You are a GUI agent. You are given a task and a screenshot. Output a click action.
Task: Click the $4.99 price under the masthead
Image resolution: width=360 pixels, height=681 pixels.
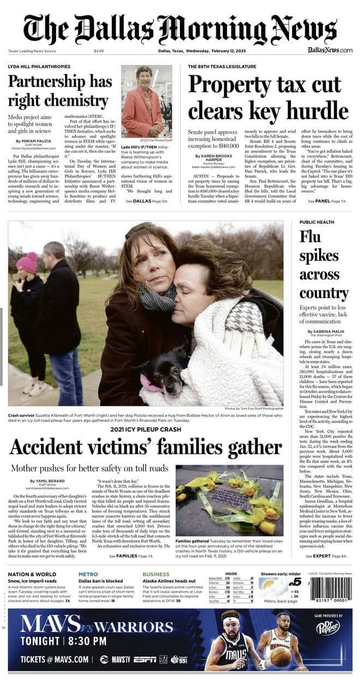(x=99, y=51)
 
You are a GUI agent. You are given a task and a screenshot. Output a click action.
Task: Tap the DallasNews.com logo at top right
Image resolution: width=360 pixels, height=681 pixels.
(x=329, y=50)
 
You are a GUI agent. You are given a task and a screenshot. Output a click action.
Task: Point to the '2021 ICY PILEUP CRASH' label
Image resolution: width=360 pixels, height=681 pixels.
(x=146, y=429)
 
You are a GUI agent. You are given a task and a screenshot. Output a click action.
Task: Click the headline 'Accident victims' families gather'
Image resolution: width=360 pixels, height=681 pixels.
(x=146, y=447)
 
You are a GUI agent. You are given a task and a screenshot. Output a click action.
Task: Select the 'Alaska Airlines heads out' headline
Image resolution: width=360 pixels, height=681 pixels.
(x=169, y=581)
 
